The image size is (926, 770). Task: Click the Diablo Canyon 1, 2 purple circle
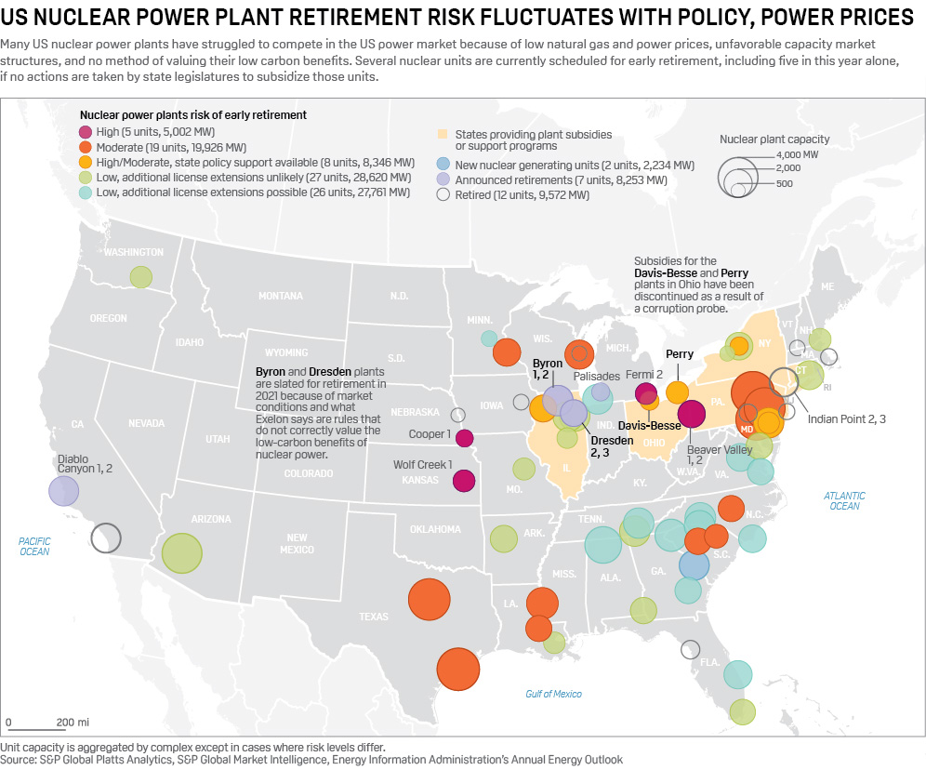pyautogui.click(x=63, y=490)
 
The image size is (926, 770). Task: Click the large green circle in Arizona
pyautogui.click(x=182, y=552)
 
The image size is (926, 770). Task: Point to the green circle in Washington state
pyautogui.click(x=140, y=276)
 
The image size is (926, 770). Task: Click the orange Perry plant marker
pyautogui.click(x=678, y=392)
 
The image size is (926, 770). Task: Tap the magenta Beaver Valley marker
pyautogui.click(x=691, y=414)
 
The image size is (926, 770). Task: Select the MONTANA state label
pyautogui.click(x=280, y=296)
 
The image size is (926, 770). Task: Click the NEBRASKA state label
pyautogui.click(x=415, y=412)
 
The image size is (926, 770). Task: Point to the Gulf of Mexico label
pyautogui.click(x=553, y=694)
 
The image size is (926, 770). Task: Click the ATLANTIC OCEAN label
pyautogui.click(x=844, y=501)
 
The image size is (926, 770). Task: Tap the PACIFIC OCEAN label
pyautogui.click(x=35, y=546)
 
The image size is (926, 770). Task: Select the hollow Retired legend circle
pyautogui.click(x=443, y=195)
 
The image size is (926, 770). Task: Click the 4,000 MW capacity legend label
pyautogui.click(x=797, y=154)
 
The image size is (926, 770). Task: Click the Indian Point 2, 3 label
pyautogui.click(x=846, y=419)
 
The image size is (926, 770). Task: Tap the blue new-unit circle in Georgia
pyautogui.click(x=694, y=564)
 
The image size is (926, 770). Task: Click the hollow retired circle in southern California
pyautogui.click(x=106, y=538)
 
